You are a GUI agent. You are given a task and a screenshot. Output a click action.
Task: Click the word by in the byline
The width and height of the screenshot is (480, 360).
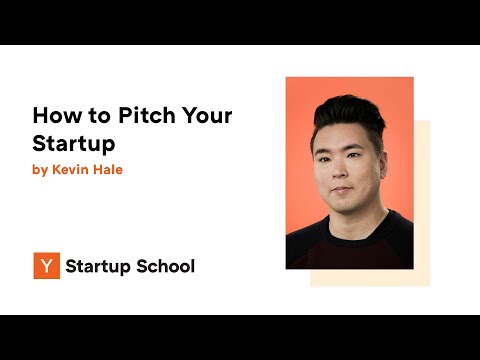coord(40,170)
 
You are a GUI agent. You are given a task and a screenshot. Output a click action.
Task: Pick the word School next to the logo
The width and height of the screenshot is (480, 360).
coord(164,266)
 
